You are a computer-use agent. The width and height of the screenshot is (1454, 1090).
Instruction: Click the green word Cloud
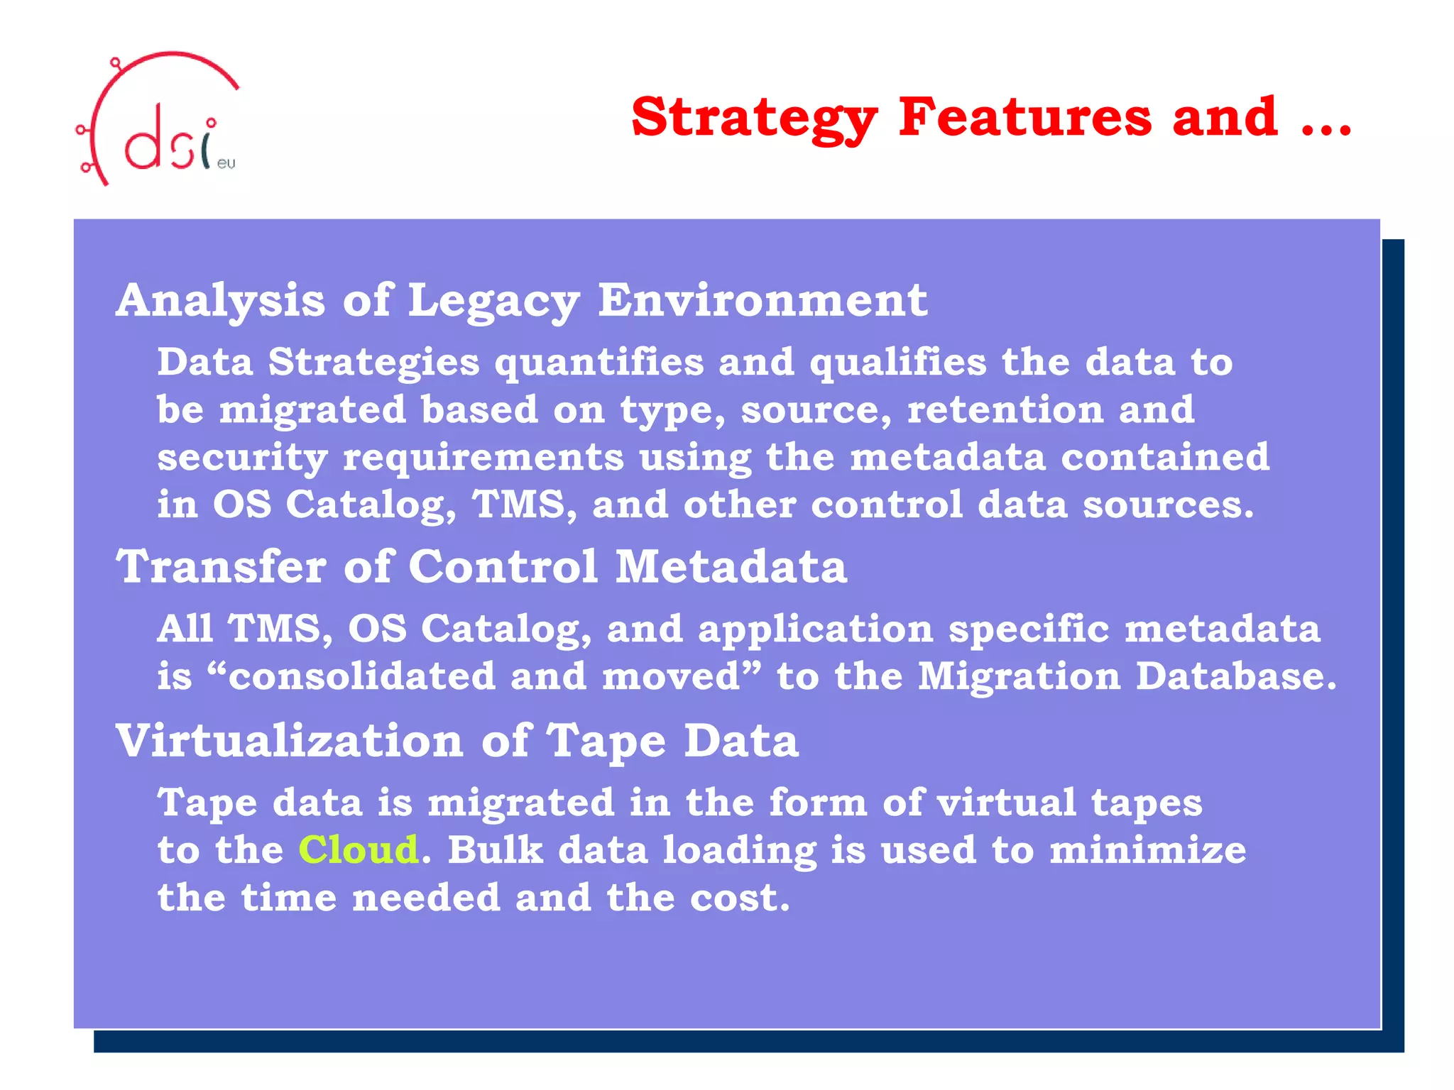pyautogui.click(x=358, y=849)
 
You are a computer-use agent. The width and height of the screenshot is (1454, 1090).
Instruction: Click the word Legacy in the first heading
pyautogui.click(x=493, y=301)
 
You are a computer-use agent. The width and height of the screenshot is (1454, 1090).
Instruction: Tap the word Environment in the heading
pyautogui.click(x=762, y=299)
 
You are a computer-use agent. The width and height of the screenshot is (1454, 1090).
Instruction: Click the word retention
pyautogui.click(x=1005, y=409)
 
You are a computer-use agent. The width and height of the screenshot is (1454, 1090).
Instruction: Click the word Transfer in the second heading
pyautogui.click(x=221, y=567)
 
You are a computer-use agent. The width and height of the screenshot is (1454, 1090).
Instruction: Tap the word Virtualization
pyautogui.click(x=290, y=741)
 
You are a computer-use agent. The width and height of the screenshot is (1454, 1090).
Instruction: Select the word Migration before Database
pyautogui.click(x=1019, y=676)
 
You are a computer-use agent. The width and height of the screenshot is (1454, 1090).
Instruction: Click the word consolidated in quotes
pyautogui.click(x=361, y=676)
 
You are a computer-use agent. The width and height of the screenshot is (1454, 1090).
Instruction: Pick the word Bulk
pyautogui.click(x=495, y=849)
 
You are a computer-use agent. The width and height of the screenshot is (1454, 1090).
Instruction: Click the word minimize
pyautogui.click(x=1147, y=849)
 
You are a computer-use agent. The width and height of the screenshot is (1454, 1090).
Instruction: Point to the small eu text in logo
pyautogui.click(x=226, y=164)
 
